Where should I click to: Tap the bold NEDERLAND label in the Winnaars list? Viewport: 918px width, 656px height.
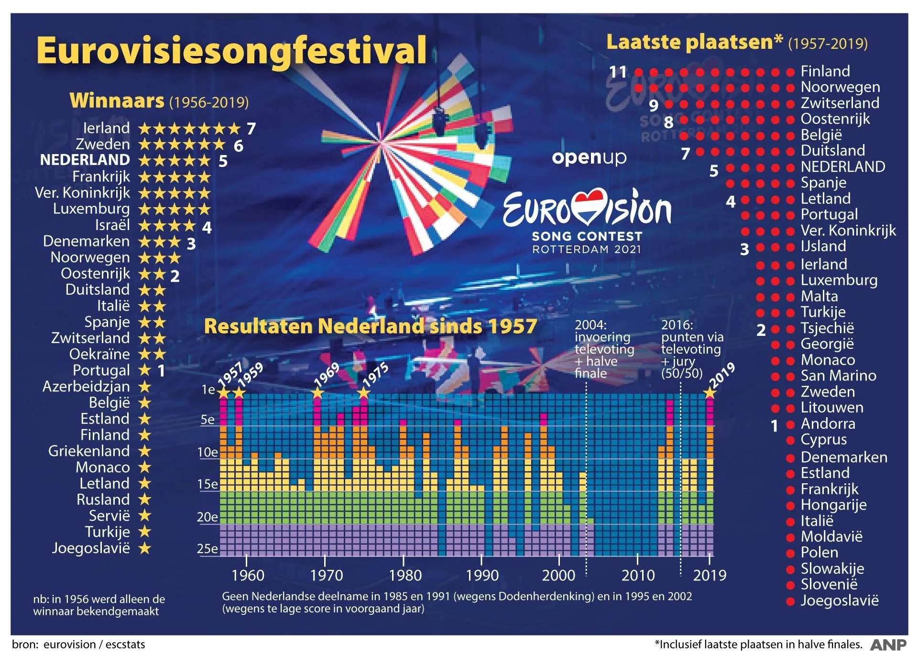coord(85,160)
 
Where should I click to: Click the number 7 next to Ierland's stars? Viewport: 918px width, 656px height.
coord(251,129)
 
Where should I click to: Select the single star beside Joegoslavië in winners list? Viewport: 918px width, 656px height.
coord(145,548)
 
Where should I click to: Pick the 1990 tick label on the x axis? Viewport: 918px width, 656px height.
coord(482,575)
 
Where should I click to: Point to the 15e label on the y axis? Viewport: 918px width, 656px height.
coord(208,484)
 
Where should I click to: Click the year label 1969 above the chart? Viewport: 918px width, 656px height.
coord(327,374)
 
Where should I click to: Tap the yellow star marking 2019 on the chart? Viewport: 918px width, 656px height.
coord(710,393)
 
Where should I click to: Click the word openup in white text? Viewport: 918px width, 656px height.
coord(589,157)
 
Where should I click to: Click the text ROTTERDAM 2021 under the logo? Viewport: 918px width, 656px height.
coord(586,249)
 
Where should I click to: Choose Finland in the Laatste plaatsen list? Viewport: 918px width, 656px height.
coord(825,71)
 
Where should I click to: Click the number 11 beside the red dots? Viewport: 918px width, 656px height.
coord(618,72)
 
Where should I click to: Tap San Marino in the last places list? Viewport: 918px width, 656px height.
coord(838,376)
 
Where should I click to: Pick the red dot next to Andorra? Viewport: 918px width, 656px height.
coord(790,424)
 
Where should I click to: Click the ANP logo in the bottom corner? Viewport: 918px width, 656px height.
coord(888,645)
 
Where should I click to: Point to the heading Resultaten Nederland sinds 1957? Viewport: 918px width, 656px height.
coord(371,326)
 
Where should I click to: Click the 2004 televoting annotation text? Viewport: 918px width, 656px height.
coord(604,349)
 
